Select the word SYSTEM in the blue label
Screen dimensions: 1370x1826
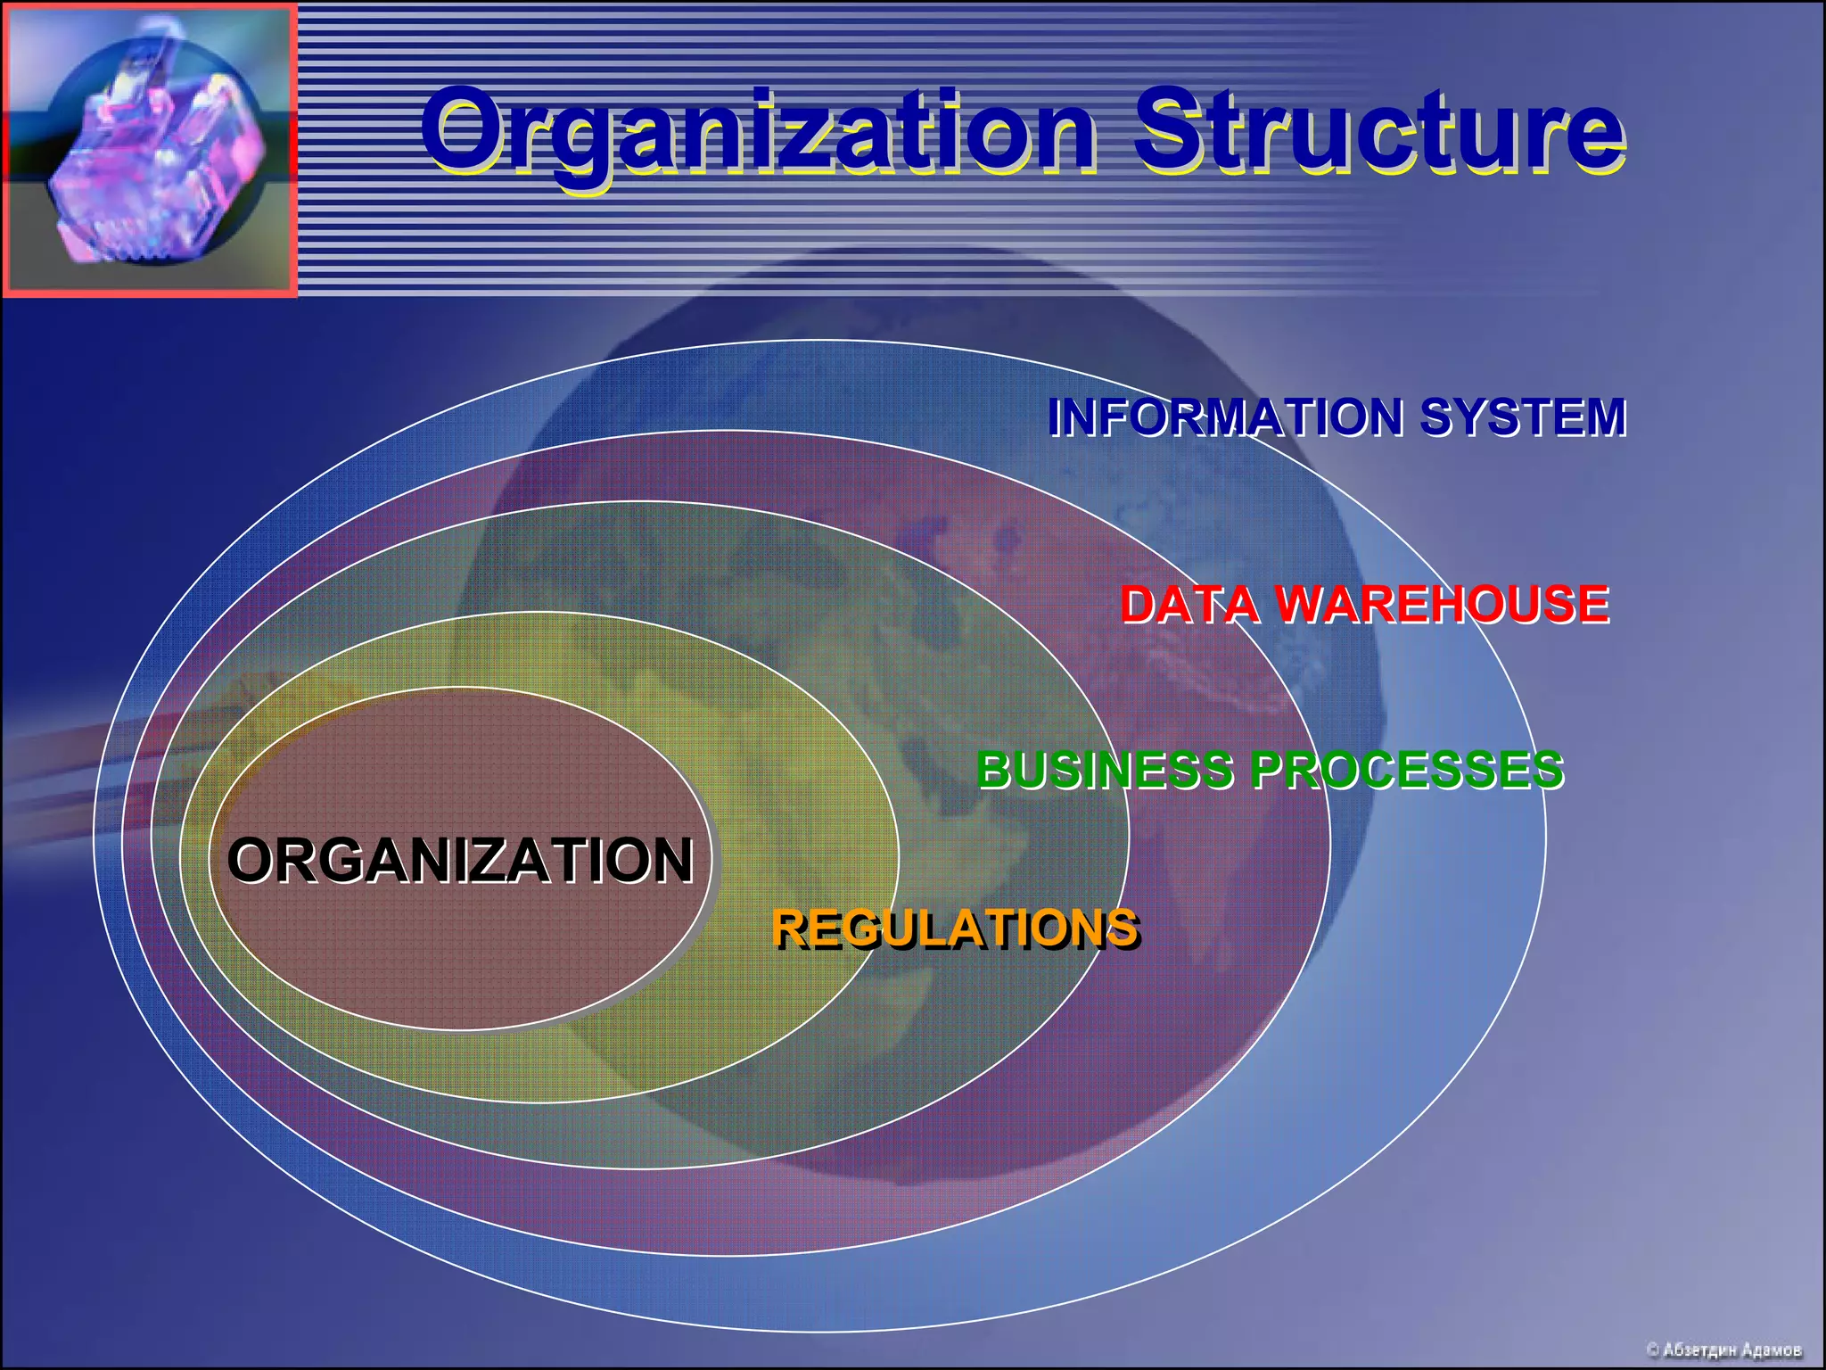click(x=1523, y=417)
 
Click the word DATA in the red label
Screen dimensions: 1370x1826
click(x=1189, y=604)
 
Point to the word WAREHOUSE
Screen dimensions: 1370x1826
click(x=1443, y=604)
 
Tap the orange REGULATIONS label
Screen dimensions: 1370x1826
click(x=955, y=928)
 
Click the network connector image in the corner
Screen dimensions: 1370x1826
click(x=150, y=150)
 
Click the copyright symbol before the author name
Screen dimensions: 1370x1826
click(x=1652, y=1350)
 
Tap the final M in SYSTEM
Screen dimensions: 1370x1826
click(x=1603, y=417)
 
